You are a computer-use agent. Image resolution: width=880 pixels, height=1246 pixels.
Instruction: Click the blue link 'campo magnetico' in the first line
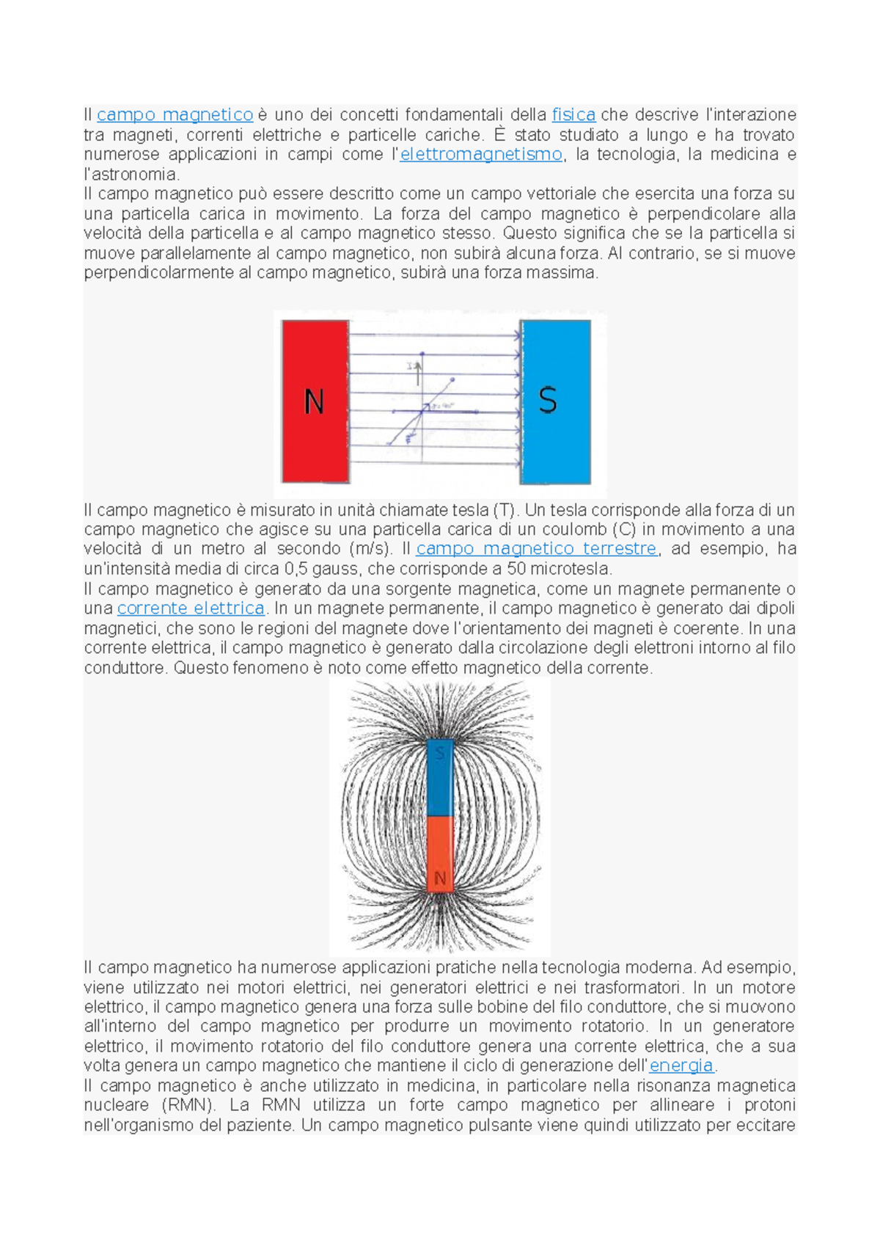tap(175, 115)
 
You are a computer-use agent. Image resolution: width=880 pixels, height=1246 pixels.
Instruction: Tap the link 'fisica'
tap(573, 115)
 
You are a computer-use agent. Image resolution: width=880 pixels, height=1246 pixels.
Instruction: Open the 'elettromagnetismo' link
tap(481, 155)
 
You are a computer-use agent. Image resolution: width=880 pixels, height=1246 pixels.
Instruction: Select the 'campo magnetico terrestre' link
tap(536, 549)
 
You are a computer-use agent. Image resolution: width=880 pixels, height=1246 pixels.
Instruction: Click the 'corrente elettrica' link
tap(191, 608)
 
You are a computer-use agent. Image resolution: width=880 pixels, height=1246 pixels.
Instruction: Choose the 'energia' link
tap(681, 1065)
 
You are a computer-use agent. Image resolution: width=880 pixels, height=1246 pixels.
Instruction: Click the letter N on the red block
tap(314, 402)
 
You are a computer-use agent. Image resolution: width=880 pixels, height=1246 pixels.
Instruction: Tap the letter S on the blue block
tap(548, 401)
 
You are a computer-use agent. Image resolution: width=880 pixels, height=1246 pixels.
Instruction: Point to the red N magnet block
tap(315, 440)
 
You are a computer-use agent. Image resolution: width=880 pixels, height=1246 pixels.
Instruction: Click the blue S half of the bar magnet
tap(440, 782)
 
